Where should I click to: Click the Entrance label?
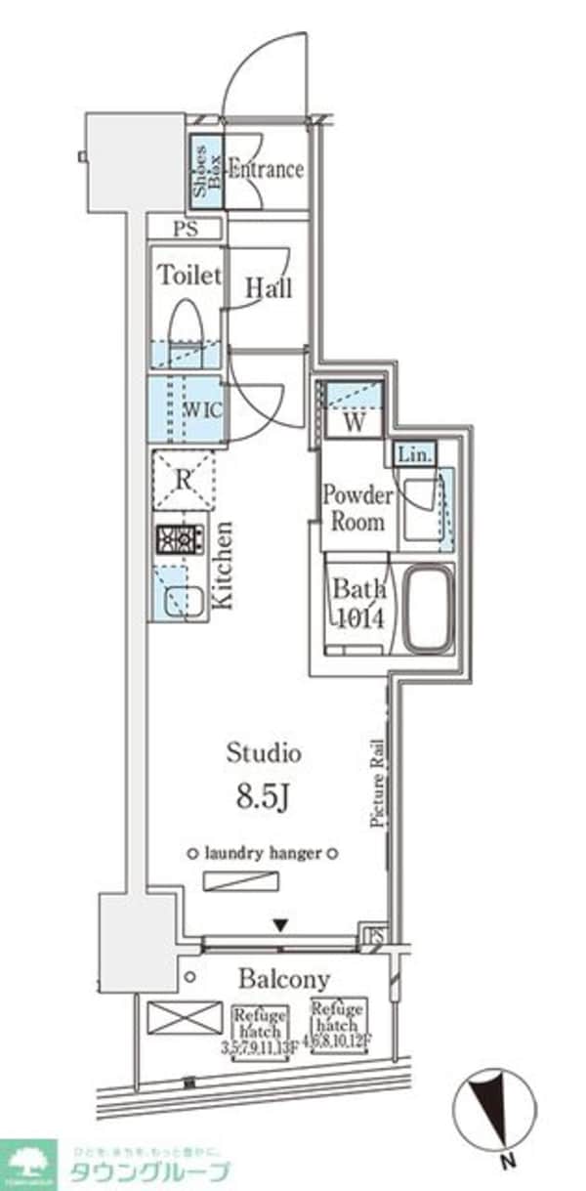pyautogui.click(x=266, y=169)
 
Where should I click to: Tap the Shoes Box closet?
pyautogui.click(x=205, y=171)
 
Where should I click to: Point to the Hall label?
pyautogui.click(x=268, y=289)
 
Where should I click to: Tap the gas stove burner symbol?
pyautogui.click(x=180, y=540)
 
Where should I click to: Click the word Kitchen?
pyautogui.click(x=224, y=567)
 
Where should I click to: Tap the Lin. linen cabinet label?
pyautogui.click(x=414, y=454)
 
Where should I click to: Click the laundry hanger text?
pyautogui.click(x=264, y=853)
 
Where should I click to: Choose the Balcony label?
pyautogui.click(x=285, y=978)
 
